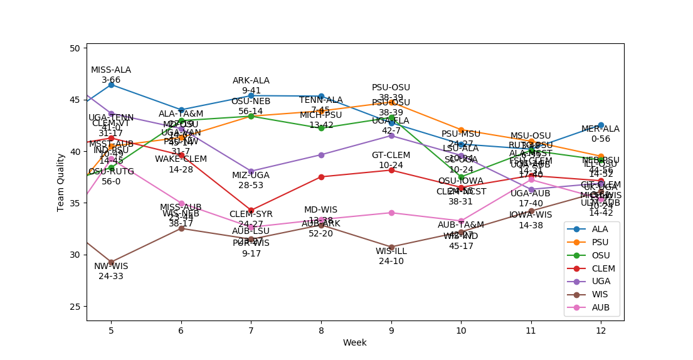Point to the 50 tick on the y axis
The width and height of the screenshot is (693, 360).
[x=74, y=48]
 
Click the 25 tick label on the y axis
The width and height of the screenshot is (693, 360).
[x=74, y=306]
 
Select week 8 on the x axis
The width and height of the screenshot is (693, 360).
[x=321, y=330]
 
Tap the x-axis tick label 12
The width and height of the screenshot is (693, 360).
[x=601, y=330]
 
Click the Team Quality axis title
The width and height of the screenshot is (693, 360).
[x=61, y=182]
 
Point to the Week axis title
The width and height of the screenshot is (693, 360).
[x=354, y=342]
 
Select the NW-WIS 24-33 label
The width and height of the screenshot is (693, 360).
[x=111, y=271]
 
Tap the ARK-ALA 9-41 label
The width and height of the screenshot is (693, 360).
[x=251, y=85]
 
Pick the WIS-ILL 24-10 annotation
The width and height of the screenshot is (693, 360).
[x=391, y=256]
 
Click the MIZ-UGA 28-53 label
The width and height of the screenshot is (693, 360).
[x=251, y=180]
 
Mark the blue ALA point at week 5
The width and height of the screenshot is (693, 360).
[x=111, y=84]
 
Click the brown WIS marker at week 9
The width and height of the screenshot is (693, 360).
[x=391, y=247]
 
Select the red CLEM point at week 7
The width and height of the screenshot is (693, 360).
[x=251, y=210]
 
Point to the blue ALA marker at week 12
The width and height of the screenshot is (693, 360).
[x=601, y=125]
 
